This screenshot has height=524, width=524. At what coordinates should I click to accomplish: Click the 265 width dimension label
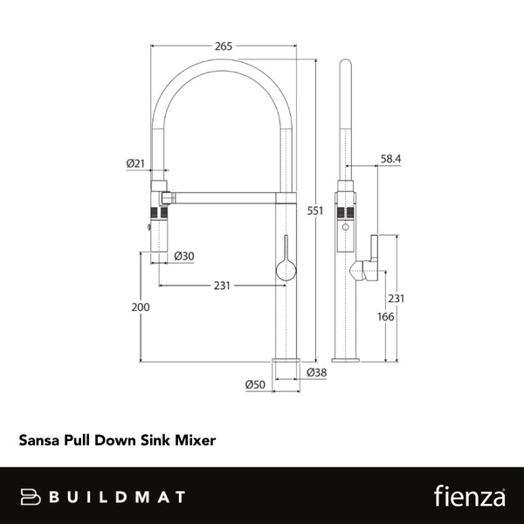coord(224,46)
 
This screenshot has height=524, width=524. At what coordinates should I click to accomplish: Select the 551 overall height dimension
coord(316,210)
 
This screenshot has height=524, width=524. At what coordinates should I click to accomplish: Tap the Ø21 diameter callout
coord(135,162)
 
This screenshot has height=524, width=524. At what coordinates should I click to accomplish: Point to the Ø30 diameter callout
coord(183,256)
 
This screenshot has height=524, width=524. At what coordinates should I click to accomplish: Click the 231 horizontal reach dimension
coord(223,285)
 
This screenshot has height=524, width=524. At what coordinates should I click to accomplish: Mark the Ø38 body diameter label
coord(316,373)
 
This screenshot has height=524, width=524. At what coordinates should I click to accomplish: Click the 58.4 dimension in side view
coord(390,159)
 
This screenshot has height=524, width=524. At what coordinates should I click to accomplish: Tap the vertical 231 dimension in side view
coord(396,298)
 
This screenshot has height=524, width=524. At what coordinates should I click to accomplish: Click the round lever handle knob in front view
coord(284,271)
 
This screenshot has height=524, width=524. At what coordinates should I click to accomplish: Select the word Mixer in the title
coord(196,442)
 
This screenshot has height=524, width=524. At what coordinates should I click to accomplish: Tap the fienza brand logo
coord(469,496)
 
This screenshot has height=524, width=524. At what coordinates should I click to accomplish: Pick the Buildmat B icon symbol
coord(32,497)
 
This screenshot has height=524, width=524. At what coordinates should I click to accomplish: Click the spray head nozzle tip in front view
coord(159,250)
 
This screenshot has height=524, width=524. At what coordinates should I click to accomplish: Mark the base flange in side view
coord(347,359)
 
